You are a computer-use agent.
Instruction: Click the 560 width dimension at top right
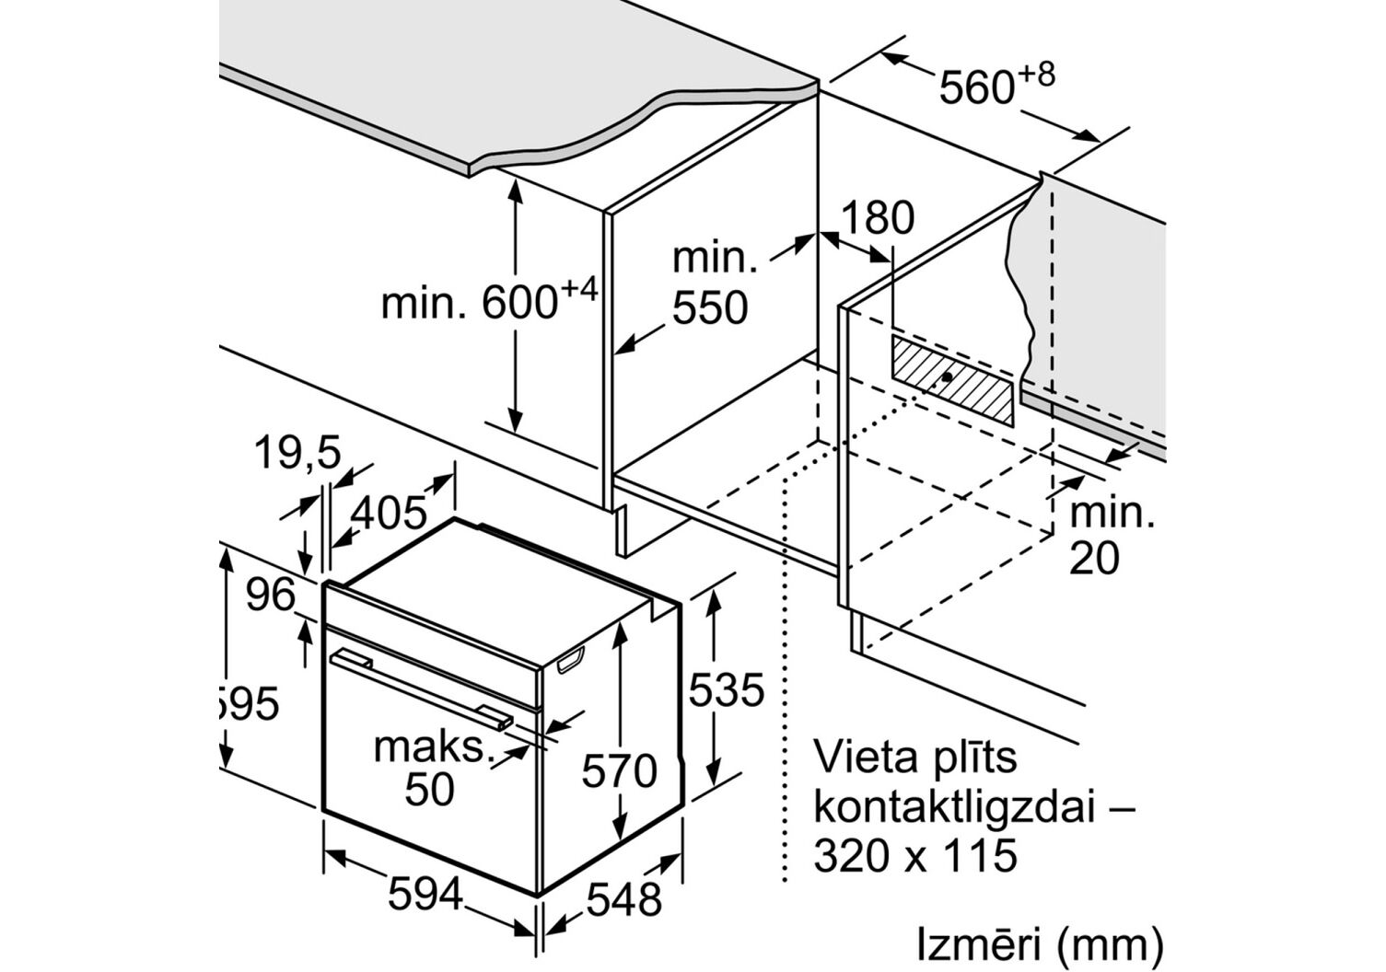pyautogui.click(x=995, y=86)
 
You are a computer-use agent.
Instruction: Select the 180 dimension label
pyautogui.click(x=878, y=218)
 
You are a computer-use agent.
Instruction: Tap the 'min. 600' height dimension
pyautogui.click(x=488, y=301)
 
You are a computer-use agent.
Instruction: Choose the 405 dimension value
pyautogui.click(x=390, y=513)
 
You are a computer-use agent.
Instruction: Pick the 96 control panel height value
pyautogui.click(x=271, y=596)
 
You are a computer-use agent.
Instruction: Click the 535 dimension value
pyautogui.click(x=727, y=689)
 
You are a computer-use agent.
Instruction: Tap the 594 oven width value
pyautogui.click(x=425, y=893)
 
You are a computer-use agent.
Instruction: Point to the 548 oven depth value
pyautogui.click(x=623, y=899)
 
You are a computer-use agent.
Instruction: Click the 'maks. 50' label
pyautogui.click(x=430, y=769)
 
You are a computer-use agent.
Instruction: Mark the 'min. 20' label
pyautogui.click(x=1111, y=536)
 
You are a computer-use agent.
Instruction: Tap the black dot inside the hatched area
pyautogui.click(x=948, y=377)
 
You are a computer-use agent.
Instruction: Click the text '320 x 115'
pyautogui.click(x=915, y=855)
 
